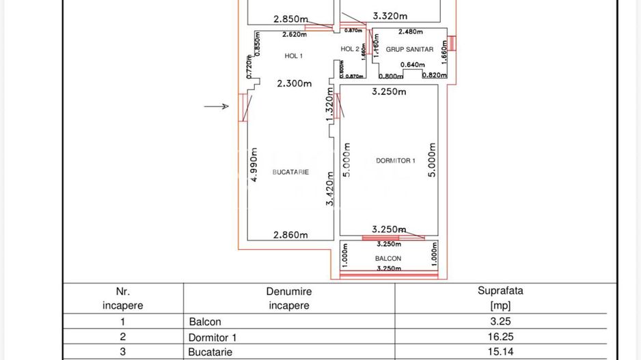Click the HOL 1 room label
[293, 55]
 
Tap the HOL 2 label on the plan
[350, 49]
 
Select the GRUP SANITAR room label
[409, 49]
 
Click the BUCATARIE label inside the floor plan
[290, 172]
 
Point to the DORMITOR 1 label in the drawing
[395, 161]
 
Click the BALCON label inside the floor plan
[388, 258]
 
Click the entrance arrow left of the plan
[217, 106]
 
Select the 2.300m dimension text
[295, 83]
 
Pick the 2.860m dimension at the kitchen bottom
[290, 235]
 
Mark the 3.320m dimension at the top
[390, 15]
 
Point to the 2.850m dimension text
[290, 18]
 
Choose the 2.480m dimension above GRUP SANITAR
[410, 31]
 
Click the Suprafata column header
[500, 298]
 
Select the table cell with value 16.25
[500, 337]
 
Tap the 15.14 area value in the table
[500, 352]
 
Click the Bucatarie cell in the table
[210, 352]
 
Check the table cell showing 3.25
[500, 321]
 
